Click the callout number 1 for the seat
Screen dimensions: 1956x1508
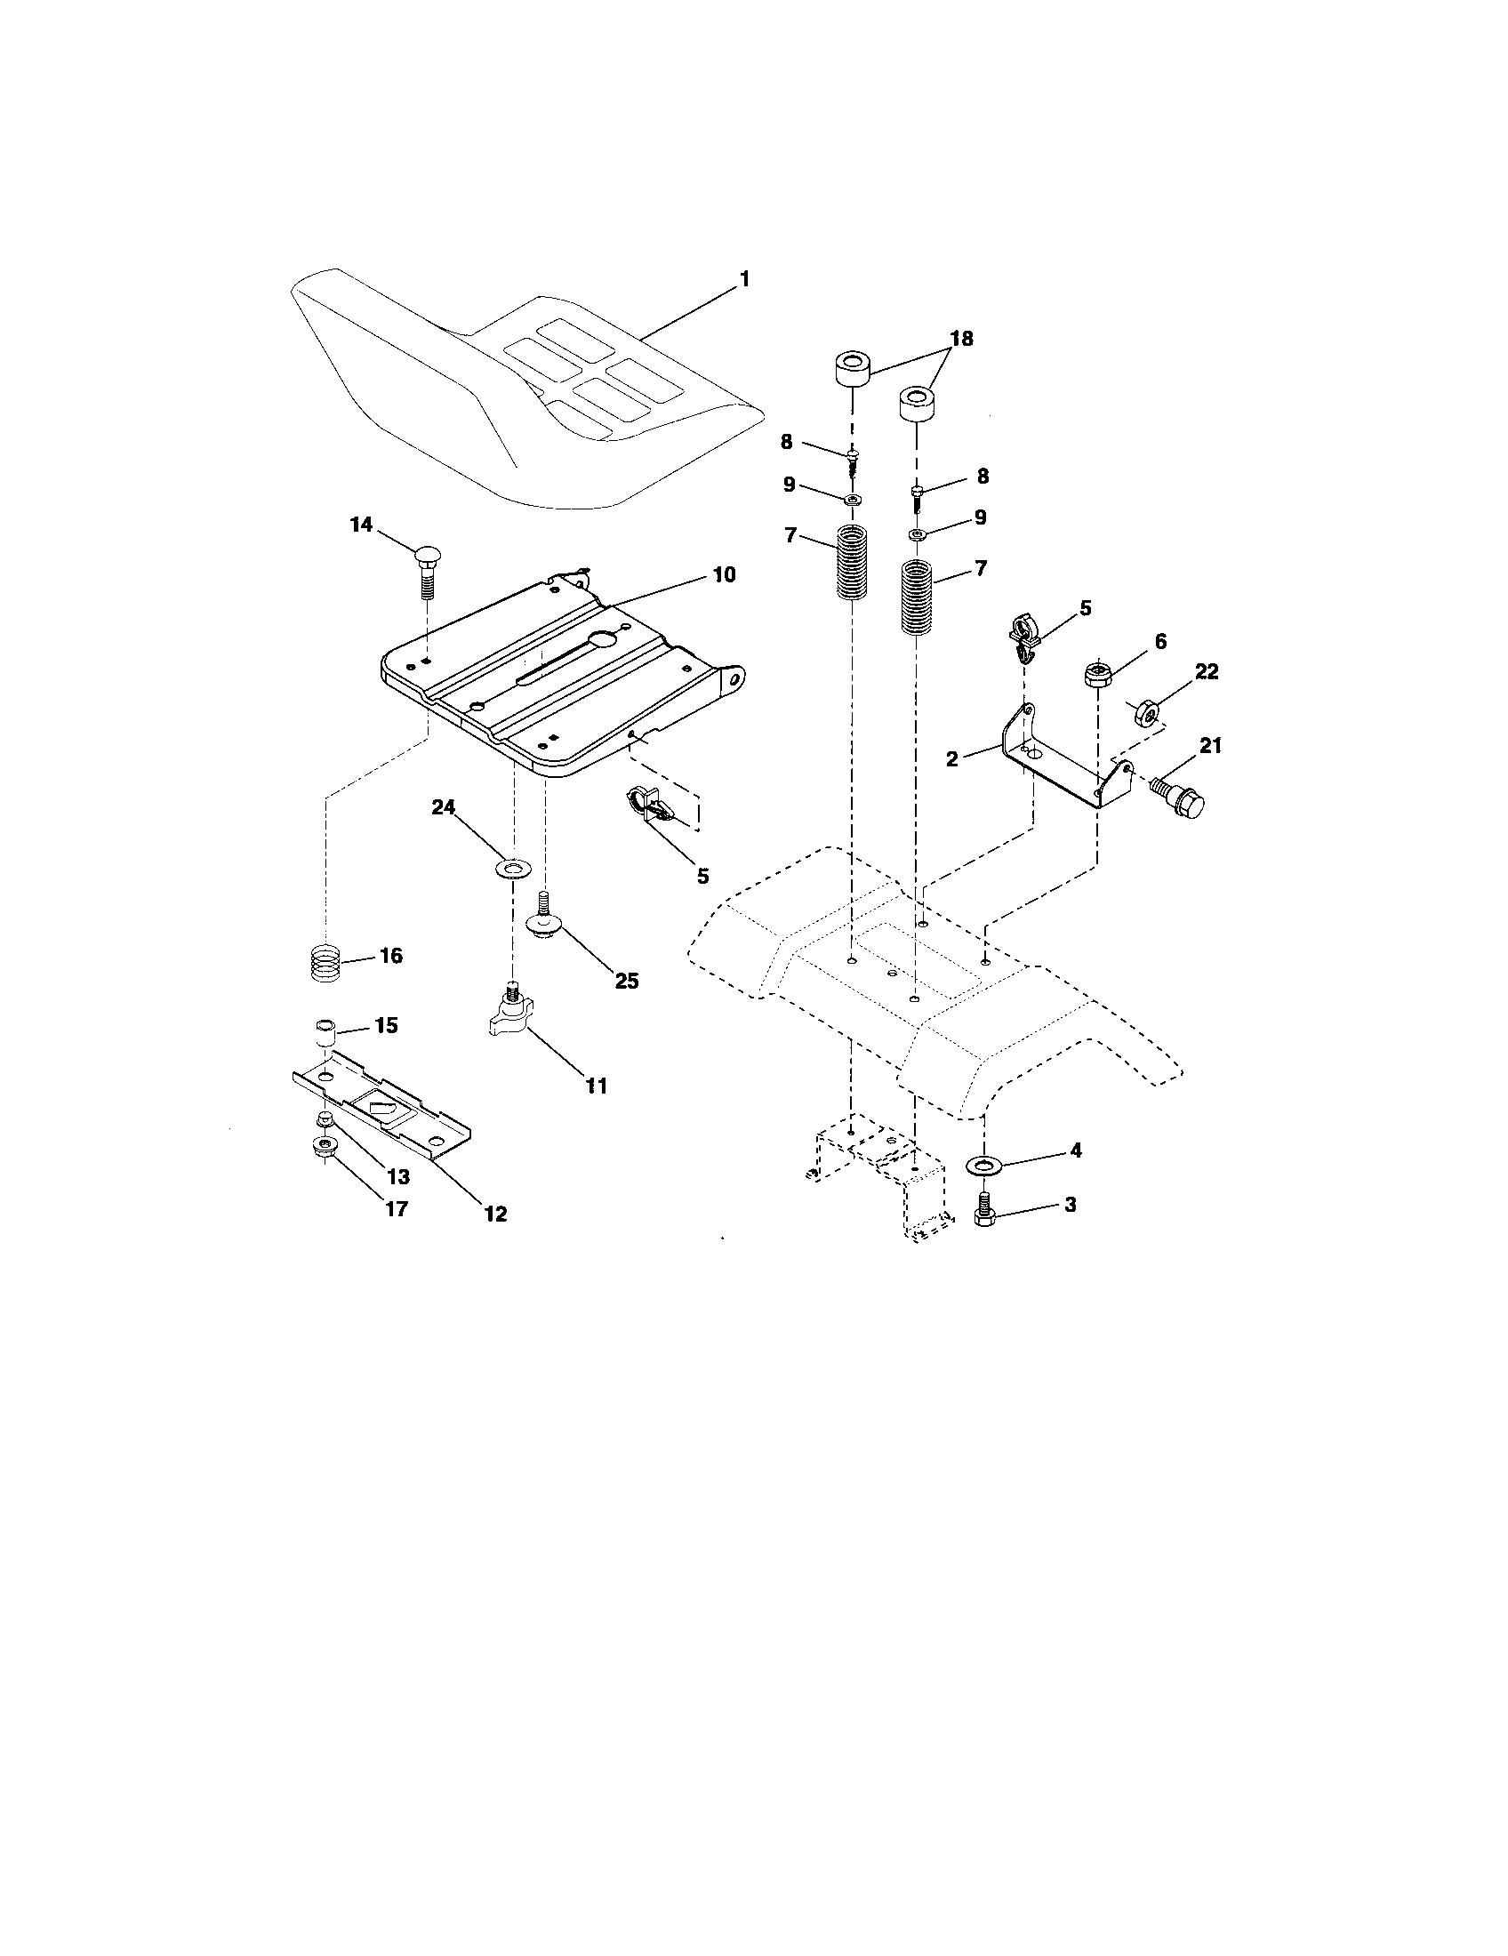(x=743, y=280)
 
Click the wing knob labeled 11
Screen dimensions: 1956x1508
(x=511, y=1016)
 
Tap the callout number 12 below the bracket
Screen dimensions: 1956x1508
(x=495, y=1214)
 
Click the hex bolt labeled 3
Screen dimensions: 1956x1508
(x=983, y=1209)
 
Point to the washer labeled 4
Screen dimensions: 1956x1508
(x=984, y=1165)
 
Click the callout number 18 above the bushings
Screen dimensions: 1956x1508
(x=961, y=339)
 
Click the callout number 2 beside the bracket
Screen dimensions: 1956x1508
(x=952, y=759)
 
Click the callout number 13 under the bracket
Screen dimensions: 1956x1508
(x=397, y=1177)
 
